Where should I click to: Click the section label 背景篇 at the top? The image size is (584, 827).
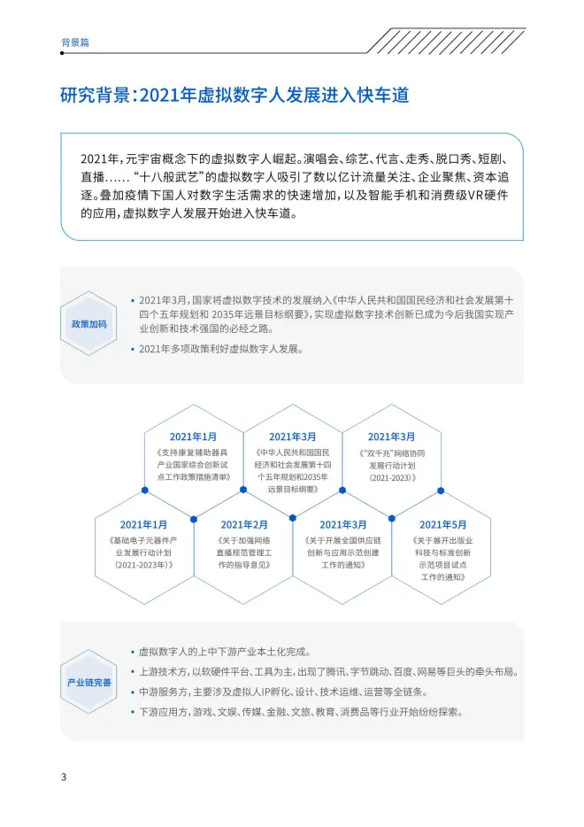click(x=75, y=43)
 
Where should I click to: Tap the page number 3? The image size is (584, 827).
click(x=64, y=777)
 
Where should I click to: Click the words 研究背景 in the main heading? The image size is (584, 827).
click(x=96, y=95)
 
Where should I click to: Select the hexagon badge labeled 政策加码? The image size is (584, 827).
click(x=88, y=323)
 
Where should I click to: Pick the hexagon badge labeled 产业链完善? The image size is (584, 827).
click(x=88, y=682)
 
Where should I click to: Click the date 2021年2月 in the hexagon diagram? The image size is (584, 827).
click(x=244, y=525)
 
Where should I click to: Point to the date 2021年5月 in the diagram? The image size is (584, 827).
click(x=442, y=525)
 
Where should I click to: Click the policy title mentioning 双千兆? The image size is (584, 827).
click(x=392, y=465)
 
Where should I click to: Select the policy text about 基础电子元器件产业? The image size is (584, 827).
click(x=144, y=553)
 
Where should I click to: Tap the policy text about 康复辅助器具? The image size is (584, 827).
click(x=193, y=465)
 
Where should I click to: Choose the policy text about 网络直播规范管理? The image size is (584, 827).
click(x=244, y=553)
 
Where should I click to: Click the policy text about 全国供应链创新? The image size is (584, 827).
click(x=343, y=553)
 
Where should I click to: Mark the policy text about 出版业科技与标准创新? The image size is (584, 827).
click(x=442, y=559)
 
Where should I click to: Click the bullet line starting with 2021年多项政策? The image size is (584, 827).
click(x=221, y=349)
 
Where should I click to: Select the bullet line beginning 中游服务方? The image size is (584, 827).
click(x=283, y=692)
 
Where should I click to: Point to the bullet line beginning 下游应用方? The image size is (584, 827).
click(x=301, y=712)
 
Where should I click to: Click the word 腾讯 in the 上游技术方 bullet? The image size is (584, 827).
click(x=335, y=672)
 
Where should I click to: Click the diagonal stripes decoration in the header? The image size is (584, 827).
click(x=447, y=41)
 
